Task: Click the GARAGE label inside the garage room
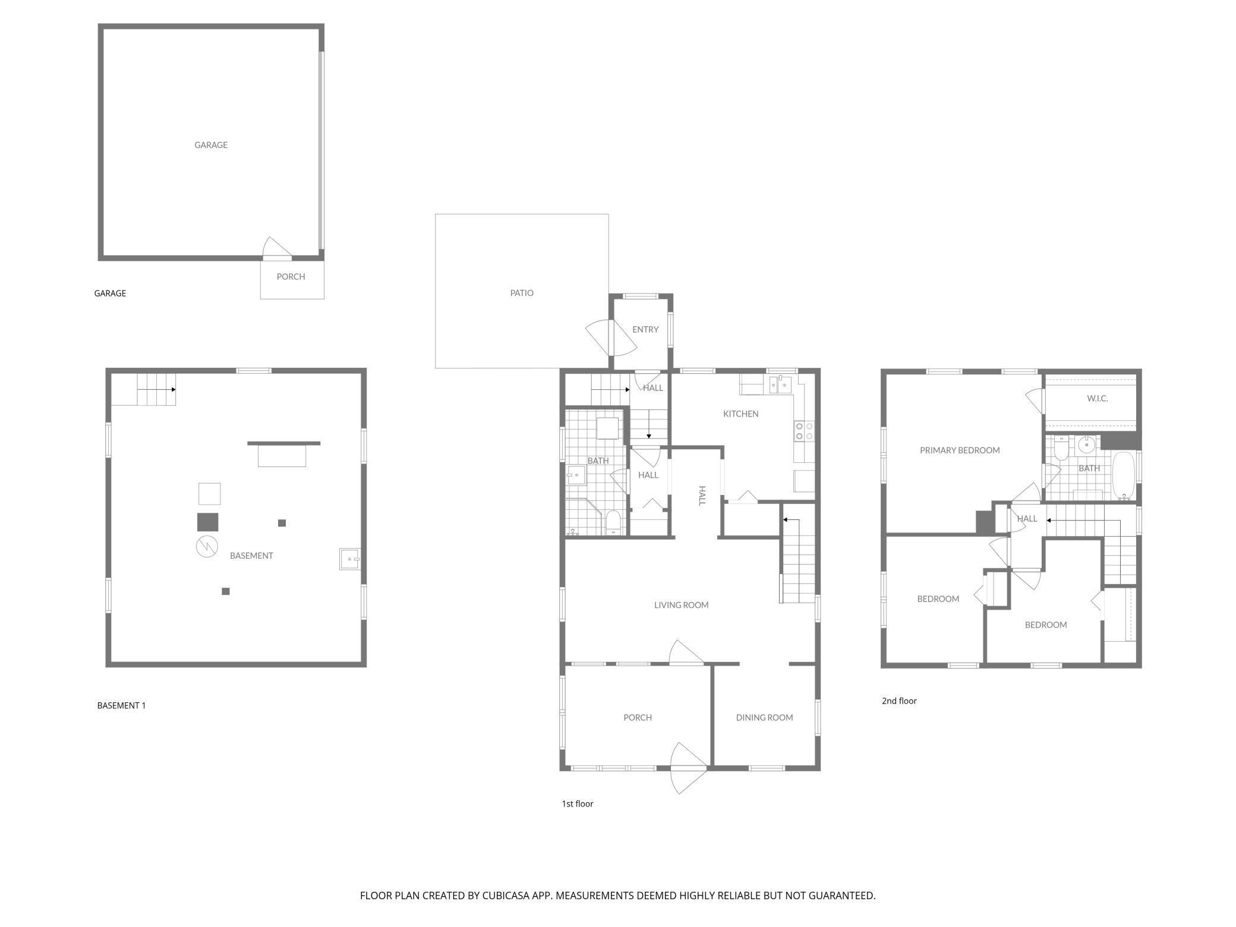point(211,145)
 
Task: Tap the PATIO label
point(522,293)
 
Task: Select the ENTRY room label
point(645,329)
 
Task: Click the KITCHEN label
point(740,414)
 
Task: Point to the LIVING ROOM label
point(681,605)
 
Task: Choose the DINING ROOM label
point(764,717)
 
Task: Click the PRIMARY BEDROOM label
point(960,450)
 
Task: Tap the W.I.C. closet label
point(1097,398)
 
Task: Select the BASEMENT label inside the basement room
point(251,556)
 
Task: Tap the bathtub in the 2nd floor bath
point(1123,475)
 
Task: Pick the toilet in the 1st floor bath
point(613,522)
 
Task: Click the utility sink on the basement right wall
point(349,559)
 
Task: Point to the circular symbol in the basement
point(207,547)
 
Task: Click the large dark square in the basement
point(207,522)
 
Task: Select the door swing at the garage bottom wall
point(276,248)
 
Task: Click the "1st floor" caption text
point(578,803)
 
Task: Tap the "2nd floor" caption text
point(899,701)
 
